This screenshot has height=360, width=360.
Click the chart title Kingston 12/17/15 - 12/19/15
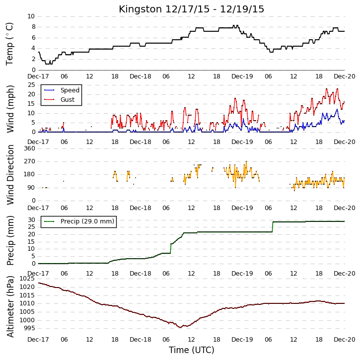pyautogui.click(x=191, y=9)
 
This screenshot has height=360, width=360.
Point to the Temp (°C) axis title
pyautogui.click(x=9, y=44)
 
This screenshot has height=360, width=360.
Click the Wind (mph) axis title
pyautogui.click(x=10, y=109)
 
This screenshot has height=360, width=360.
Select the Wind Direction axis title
pyautogui.click(x=10, y=175)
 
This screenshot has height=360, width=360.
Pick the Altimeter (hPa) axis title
pyautogui.click(x=10, y=307)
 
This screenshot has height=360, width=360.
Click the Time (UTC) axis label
pyautogui.click(x=192, y=350)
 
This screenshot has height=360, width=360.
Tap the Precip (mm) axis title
pyautogui.click(x=10, y=241)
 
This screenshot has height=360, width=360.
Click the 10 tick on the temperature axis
pyautogui.click(x=31, y=16)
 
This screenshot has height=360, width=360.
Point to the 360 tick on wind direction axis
pyautogui.click(x=30, y=148)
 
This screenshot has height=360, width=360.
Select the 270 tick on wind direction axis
pyautogui.click(x=30, y=161)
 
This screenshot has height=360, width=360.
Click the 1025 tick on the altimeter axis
pyautogui.click(x=27, y=279)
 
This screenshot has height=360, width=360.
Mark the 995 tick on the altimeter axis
pyautogui.click(x=29, y=328)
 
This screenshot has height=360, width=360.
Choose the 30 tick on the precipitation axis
pyautogui.click(x=31, y=220)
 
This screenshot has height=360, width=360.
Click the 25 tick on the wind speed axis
pyautogui.click(x=31, y=85)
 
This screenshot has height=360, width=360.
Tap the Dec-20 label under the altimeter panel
pyautogui.click(x=345, y=340)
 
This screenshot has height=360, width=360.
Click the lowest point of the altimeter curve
pyautogui.click(x=180, y=327)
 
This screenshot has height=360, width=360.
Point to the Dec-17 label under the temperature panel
pyautogui.click(x=38, y=76)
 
